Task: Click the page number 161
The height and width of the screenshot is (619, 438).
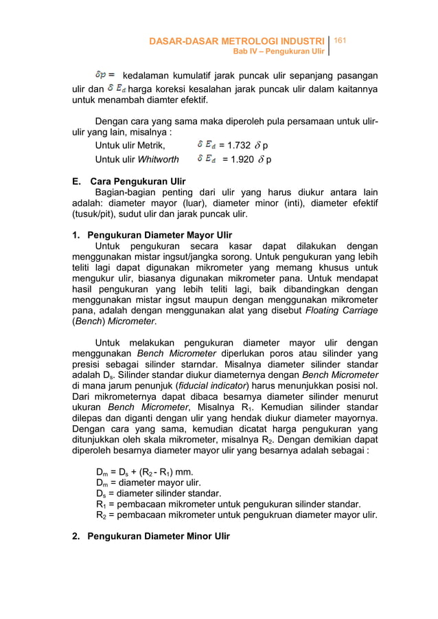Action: (342, 43)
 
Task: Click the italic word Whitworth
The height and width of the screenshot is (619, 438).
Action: (159, 160)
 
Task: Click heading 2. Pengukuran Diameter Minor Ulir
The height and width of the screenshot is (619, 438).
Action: (151, 536)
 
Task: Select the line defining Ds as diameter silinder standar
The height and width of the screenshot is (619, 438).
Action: (159, 493)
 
